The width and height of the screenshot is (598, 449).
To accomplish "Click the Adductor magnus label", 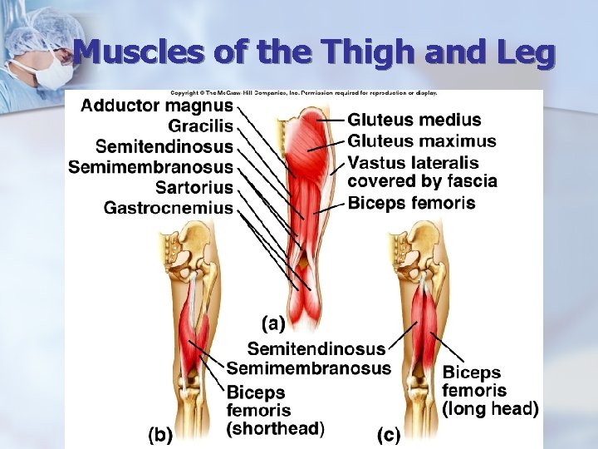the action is [157, 106].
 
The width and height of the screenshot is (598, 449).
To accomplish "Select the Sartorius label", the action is [194, 187].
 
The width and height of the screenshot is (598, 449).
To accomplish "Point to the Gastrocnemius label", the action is [169, 208].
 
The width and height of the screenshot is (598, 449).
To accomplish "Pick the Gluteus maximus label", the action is [421, 141].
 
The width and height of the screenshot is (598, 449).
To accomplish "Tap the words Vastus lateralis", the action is [413, 162].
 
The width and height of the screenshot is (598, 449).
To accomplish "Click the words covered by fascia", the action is [422, 181].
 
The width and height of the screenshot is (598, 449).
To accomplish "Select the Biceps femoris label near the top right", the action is [411, 203].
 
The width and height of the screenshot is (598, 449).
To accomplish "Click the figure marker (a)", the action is [273, 321].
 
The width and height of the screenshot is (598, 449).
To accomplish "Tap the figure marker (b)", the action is [160, 433].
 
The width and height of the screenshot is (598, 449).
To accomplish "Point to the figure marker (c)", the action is [389, 433].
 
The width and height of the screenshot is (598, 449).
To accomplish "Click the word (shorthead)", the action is [275, 429].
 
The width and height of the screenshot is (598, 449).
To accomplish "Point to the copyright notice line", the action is [303, 92].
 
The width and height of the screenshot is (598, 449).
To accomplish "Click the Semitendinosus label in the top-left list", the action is [164, 147].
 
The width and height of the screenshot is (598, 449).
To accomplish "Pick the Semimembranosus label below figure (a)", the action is [308, 368].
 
